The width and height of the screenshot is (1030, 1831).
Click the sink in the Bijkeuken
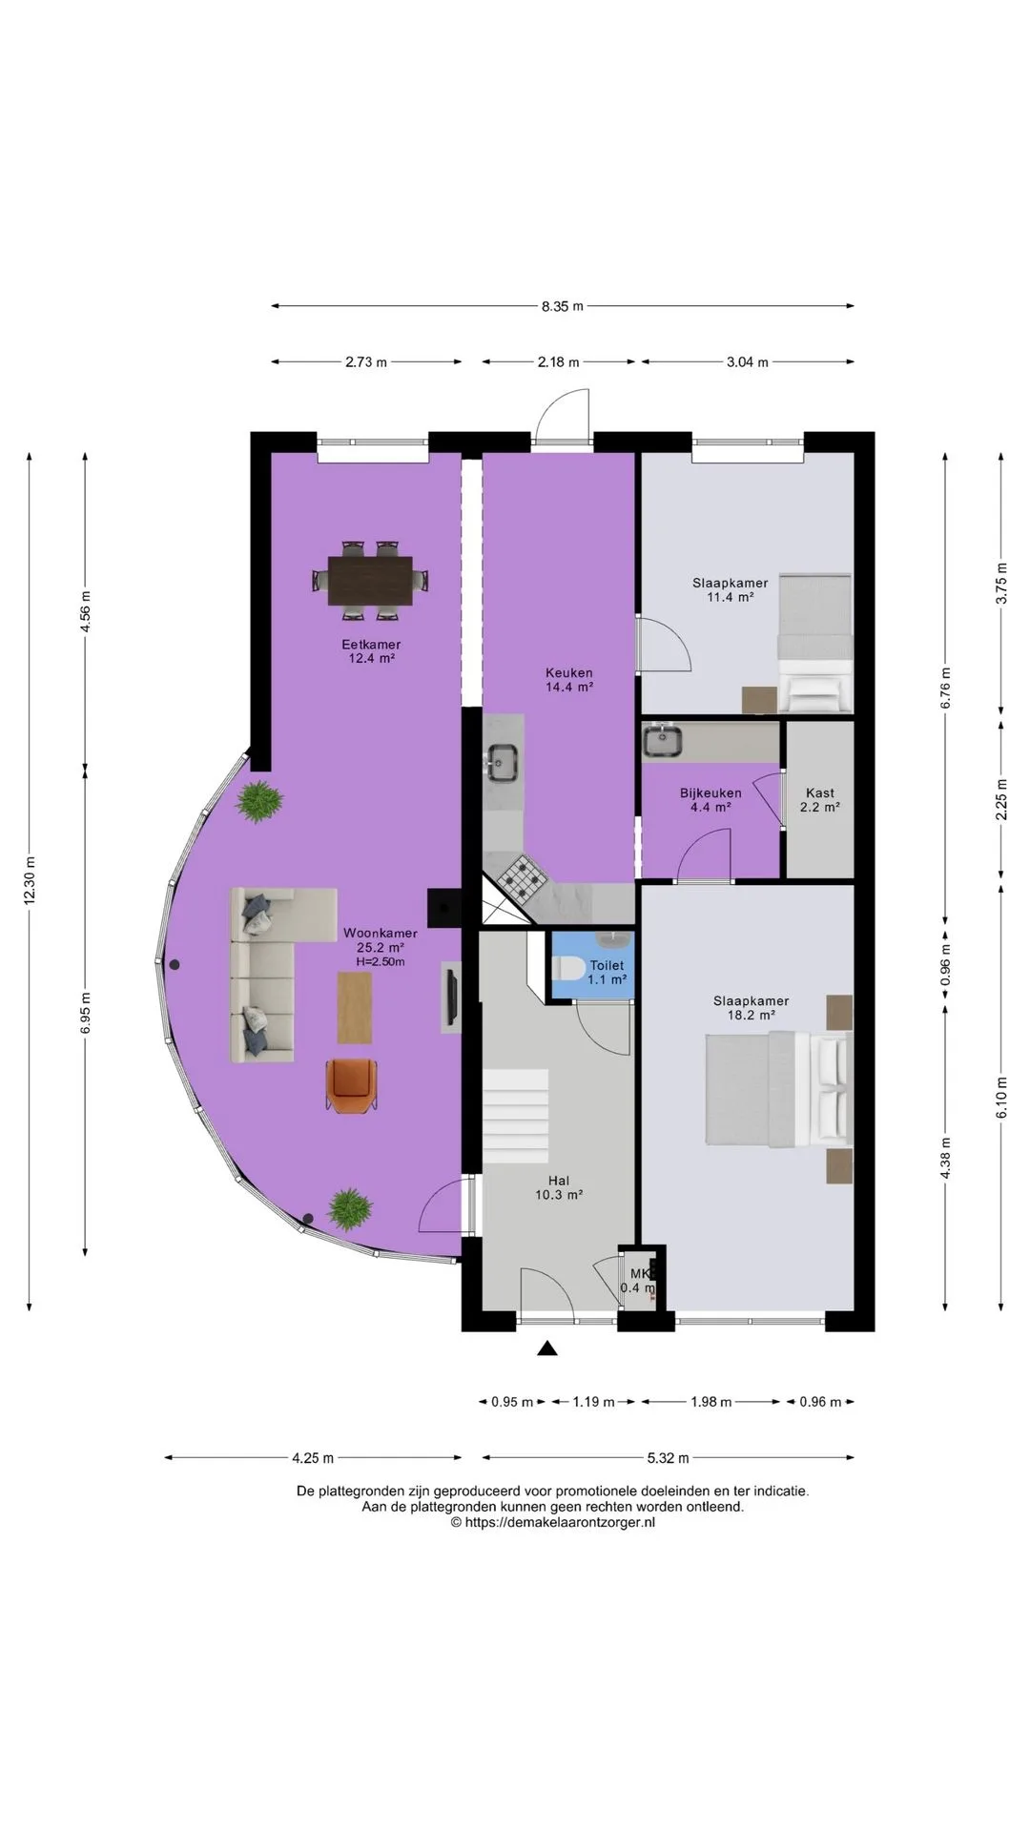(661, 740)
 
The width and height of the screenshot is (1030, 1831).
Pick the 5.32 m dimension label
(668, 1457)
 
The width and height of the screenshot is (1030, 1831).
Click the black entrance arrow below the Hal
(546, 1348)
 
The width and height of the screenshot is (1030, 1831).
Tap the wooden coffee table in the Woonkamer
(355, 1007)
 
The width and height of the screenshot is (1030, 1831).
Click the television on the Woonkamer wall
(450, 998)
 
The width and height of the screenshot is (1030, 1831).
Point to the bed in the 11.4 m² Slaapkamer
(814, 643)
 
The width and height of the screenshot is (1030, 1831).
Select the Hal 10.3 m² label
(559, 1187)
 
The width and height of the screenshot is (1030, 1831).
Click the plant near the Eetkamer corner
(259, 801)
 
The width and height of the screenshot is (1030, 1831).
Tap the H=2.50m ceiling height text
(381, 961)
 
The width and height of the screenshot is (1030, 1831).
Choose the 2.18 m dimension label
(558, 362)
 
